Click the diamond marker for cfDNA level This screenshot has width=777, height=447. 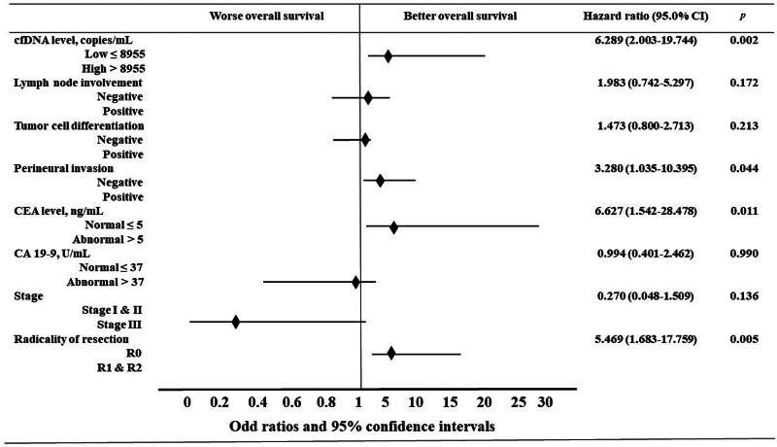(x=388, y=56)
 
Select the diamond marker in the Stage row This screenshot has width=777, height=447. (x=236, y=322)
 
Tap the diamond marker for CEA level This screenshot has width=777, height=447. (x=393, y=227)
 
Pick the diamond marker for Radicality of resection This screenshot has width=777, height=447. (x=391, y=354)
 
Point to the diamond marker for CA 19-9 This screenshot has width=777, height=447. (x=355, y=283)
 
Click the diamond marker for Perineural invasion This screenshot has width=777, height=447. (x=380, y=181)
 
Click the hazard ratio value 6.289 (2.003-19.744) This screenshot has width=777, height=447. (x=646, y=40)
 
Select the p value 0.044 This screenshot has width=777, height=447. (x=744, y=168)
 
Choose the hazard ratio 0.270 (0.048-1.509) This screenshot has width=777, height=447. (x=645, y=296)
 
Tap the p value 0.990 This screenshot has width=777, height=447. (x=744, y=254)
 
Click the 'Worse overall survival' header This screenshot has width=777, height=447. (x=266, y=16)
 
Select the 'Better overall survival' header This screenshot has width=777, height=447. (x=459, y=16)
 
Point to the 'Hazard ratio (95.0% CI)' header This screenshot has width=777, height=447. (x=646, y=16)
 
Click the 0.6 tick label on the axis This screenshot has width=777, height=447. (x=292, y=402)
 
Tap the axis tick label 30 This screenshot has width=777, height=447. (x=545, y=402)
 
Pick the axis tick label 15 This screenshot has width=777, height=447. (x=450, y=402)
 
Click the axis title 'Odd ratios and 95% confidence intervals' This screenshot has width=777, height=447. (x=361, y=427)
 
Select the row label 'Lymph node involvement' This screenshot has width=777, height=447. (x=78, y=83)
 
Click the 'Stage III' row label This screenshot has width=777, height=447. (x=118, y=326)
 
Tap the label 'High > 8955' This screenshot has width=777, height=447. (x=114, y=68)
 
